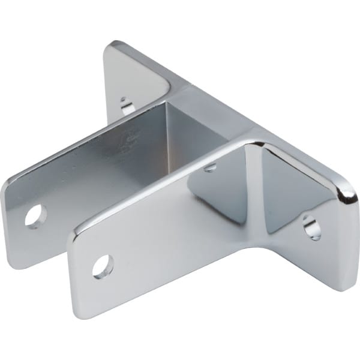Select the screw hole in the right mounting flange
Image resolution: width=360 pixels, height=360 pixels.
coord(311,227)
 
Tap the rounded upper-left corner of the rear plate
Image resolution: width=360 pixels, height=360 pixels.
coord(7,182)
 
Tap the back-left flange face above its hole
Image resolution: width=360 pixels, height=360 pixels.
coord(135,72)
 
